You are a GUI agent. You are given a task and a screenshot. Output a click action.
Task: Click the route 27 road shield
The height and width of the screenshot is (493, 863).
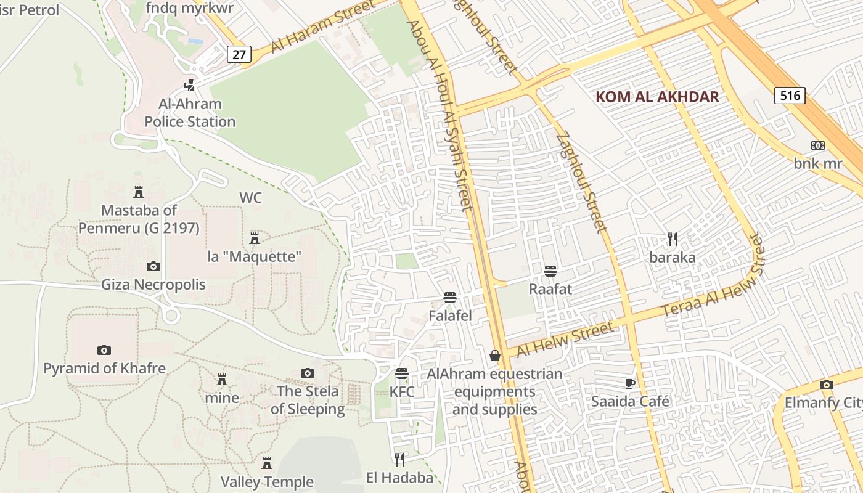239,54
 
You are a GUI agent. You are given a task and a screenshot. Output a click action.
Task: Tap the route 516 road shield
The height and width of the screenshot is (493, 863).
790,95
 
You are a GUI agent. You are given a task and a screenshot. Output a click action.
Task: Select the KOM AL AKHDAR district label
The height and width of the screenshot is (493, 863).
658,97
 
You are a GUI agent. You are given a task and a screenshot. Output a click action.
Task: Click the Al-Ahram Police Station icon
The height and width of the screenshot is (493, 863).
190,85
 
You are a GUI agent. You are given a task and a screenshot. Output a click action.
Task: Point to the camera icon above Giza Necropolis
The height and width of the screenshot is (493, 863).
153,266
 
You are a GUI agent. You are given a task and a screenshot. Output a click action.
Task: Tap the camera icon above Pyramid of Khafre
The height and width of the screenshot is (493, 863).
104,350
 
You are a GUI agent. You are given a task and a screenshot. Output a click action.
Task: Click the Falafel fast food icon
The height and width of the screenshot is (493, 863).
450,298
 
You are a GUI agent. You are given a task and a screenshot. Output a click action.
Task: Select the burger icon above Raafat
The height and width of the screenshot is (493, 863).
550,271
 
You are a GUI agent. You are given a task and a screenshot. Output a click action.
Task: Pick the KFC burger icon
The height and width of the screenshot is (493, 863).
402,373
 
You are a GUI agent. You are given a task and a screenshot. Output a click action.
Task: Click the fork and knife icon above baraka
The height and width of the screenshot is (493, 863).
673,238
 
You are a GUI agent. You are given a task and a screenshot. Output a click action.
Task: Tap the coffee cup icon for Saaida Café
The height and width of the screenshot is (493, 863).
630,383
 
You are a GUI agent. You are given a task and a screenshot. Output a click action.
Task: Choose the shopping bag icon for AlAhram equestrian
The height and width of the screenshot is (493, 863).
494,356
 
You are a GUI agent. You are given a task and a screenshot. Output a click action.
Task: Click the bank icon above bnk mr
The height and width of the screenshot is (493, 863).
818,145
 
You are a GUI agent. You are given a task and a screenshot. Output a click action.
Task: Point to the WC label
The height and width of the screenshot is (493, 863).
250,198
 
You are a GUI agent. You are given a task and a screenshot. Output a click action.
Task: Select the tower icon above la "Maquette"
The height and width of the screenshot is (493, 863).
254,238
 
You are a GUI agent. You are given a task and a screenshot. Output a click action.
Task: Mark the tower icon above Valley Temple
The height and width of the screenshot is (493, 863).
267,463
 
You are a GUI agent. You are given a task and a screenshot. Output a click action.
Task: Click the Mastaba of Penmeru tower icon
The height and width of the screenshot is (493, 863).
139,192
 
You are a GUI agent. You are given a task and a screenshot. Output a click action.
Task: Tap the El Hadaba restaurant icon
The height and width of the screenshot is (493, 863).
399,459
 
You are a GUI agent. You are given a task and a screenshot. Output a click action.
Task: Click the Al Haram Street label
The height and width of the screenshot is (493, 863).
322,30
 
